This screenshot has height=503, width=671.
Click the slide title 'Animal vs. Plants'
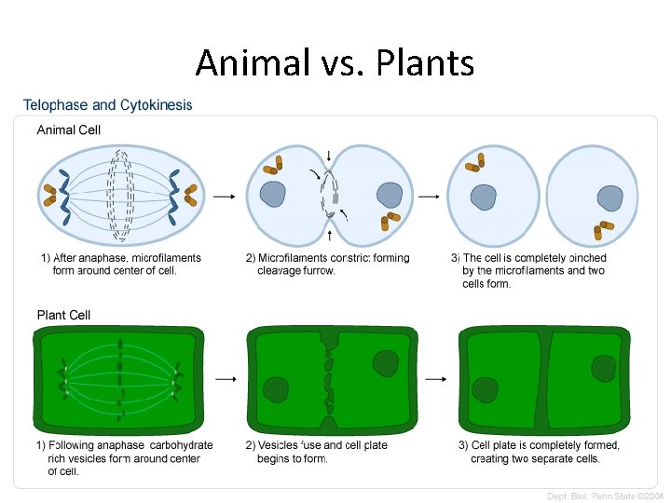click(335, 63)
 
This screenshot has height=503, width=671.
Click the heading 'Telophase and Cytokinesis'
click(107, 105)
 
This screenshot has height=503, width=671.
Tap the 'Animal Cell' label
click(69, 130)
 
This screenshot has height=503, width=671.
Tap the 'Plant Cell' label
click(63, 315)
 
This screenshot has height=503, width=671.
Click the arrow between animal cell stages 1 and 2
click(224, 197)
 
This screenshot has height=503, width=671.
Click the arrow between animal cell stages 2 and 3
click(428, 197)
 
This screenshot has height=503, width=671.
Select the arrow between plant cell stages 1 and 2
click(224, 379)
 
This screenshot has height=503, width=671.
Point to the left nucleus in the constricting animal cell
click(273, 194)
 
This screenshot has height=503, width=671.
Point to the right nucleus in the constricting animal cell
click(389, 195)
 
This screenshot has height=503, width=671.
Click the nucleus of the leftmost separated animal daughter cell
click(484, 197)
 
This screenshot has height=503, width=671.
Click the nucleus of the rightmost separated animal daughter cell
click(609, 197)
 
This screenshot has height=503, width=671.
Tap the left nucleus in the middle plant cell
click(276, 389)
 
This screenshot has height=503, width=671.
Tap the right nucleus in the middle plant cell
click(385, 362)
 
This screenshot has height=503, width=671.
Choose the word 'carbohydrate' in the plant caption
click(181, 446)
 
